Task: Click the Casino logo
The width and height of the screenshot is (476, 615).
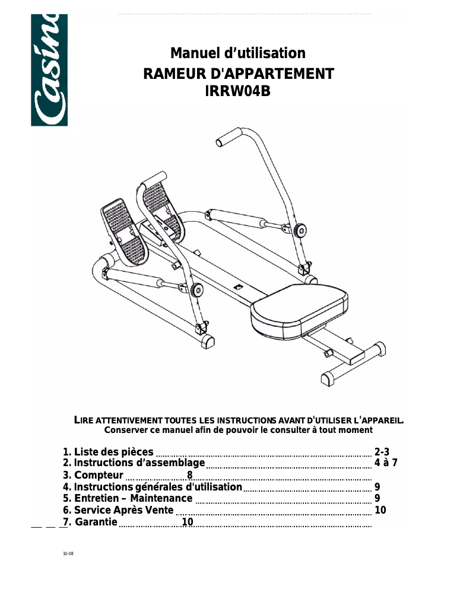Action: click(x=49, y=70)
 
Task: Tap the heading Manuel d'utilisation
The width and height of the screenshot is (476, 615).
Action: click(x=238, y=53)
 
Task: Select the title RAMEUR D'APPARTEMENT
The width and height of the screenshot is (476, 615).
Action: click(x=239, y=74)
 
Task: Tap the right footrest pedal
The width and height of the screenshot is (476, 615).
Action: click(x=159, y=205)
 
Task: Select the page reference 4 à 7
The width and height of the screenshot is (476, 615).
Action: click(x=386, y=463)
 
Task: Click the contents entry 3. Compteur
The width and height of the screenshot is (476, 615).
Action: click(x=93, y=475)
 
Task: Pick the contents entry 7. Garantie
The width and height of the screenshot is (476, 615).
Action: click(x=90, y=522)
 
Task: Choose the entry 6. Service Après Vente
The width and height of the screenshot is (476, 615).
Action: click(x=118, y=510)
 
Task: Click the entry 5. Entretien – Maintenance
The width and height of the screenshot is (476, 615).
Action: click(x=128, y=498)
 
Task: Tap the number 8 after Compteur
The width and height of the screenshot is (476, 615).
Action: click(x=190, y=475)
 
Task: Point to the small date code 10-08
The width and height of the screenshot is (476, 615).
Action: click(x=68, y=555)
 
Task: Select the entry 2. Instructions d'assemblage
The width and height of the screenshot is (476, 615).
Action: click(x=134, y=463)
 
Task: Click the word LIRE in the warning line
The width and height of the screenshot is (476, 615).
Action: click(x=84, y=420)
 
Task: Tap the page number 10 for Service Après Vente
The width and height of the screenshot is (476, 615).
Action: click(x=380, y=510)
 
